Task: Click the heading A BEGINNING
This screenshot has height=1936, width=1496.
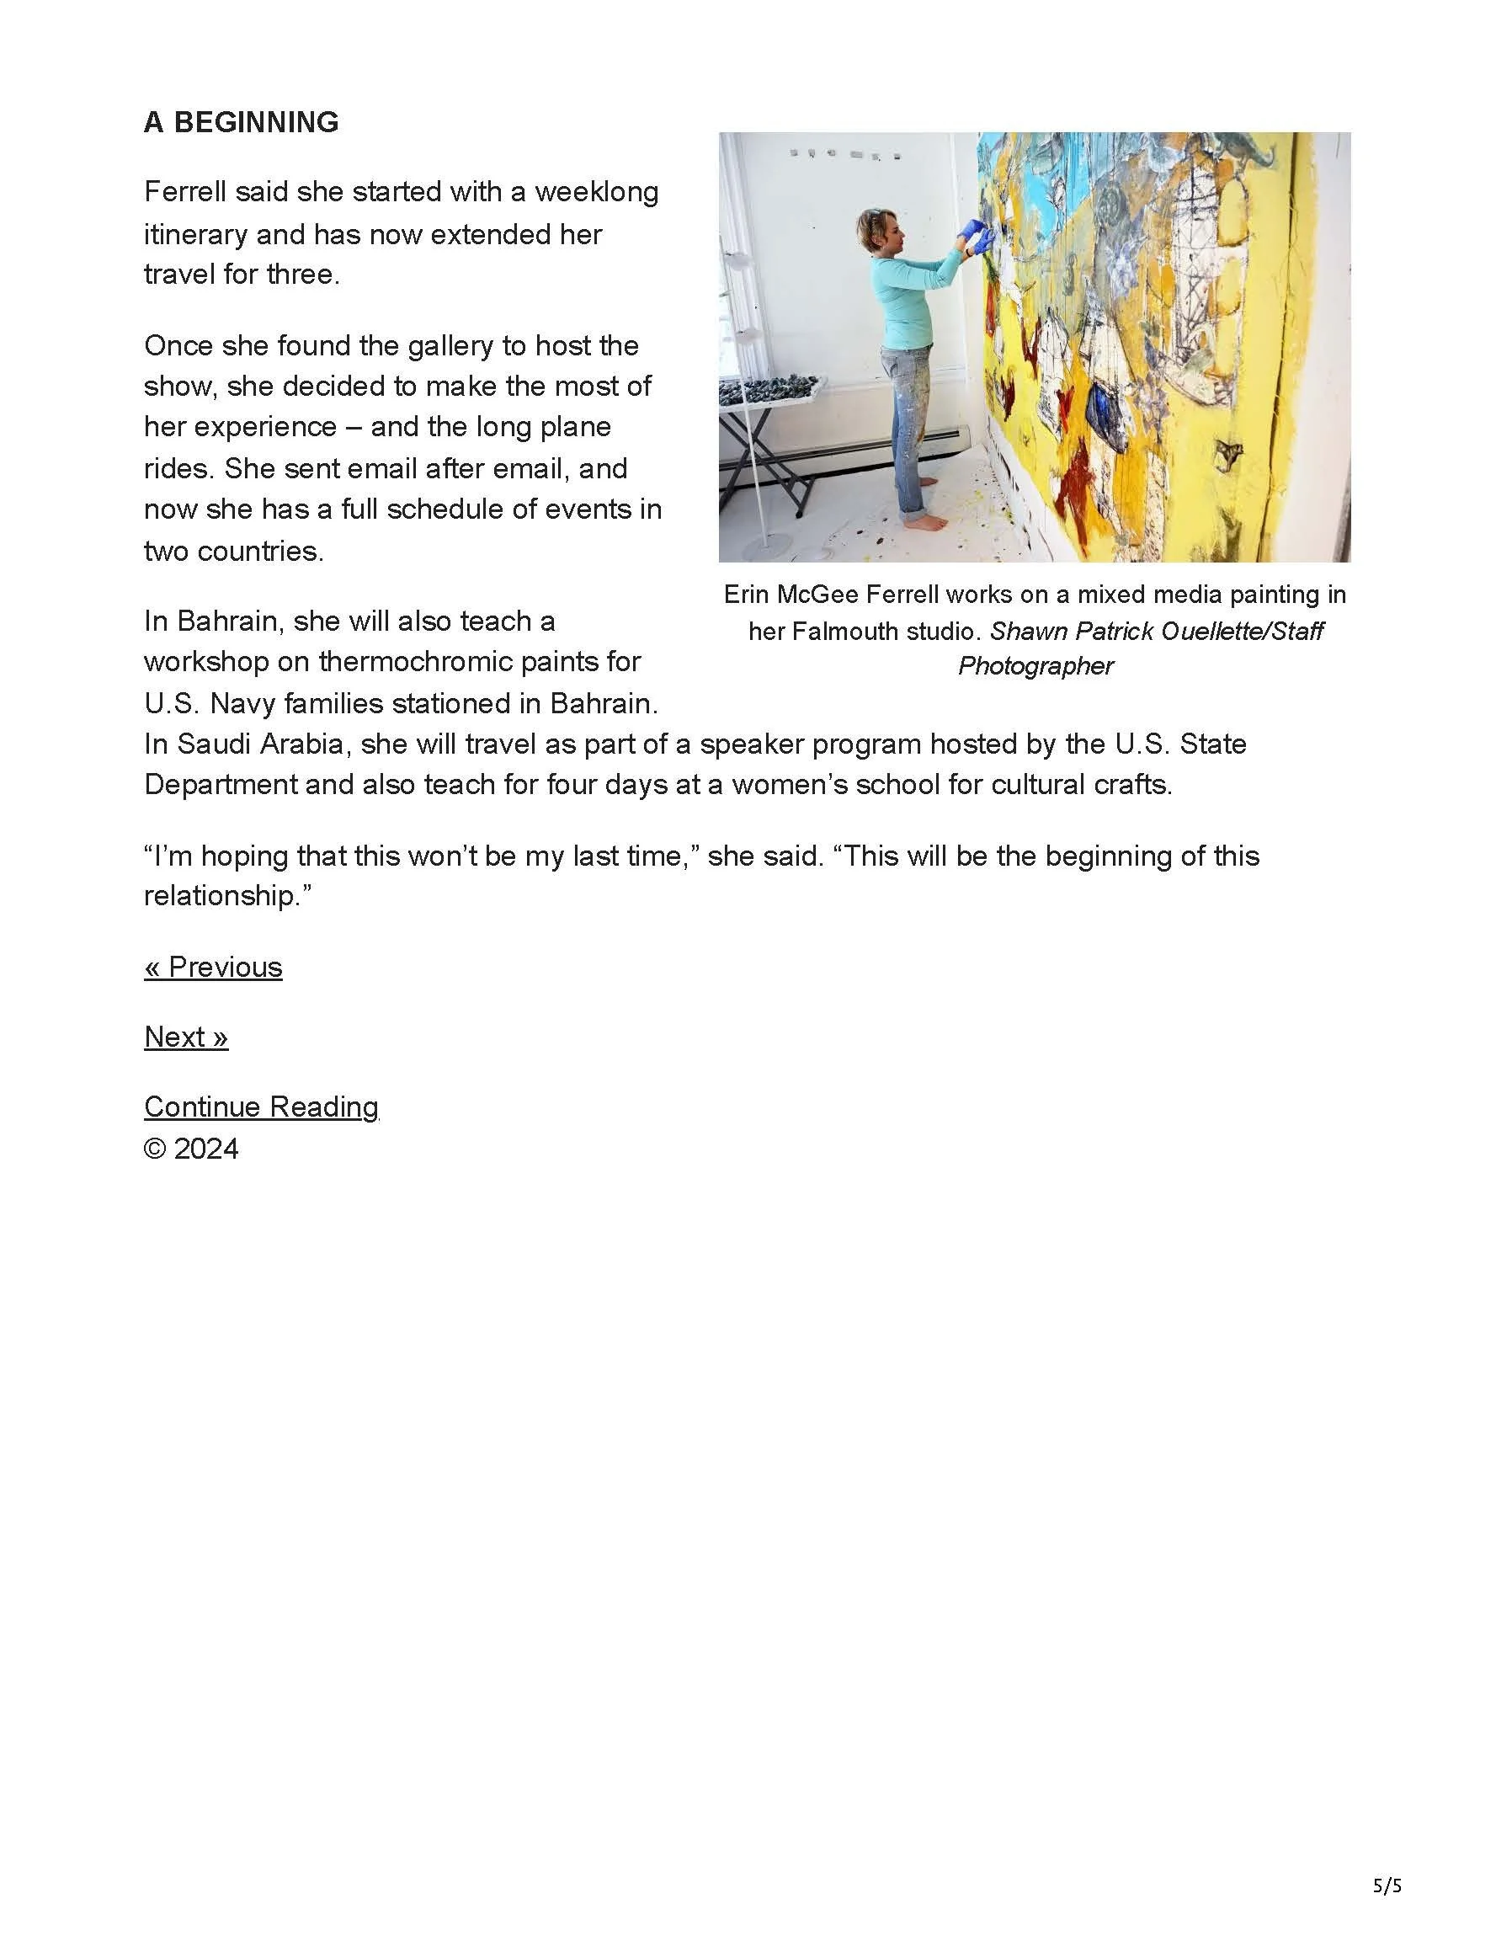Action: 241,122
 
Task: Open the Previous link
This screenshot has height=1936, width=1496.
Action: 213,966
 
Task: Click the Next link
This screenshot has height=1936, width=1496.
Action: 186,1037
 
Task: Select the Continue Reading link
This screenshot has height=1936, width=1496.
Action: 262,1107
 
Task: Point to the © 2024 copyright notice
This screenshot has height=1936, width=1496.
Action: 191,1149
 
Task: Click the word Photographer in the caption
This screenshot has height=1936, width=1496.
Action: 1035,666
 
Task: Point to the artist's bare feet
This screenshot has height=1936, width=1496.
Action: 927,524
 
